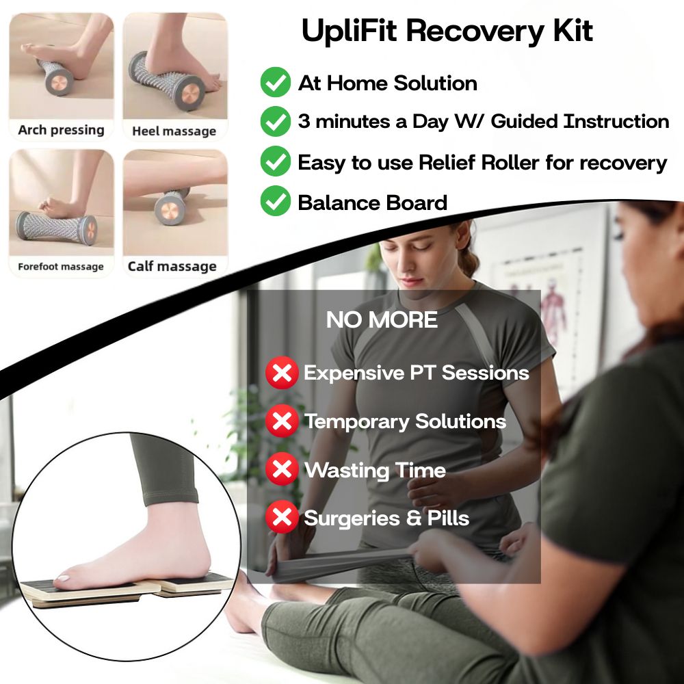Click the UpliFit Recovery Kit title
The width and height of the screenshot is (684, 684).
[447, 31]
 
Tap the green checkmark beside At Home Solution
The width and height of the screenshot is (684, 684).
[275, 82]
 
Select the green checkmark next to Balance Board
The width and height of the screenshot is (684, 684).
[275, 200]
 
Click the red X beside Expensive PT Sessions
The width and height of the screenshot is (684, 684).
[282, 373]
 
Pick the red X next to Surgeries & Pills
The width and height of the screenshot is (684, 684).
[282, 517]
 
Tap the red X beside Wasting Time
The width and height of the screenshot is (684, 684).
[282, 469]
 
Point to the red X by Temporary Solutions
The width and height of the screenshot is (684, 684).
[282, 421]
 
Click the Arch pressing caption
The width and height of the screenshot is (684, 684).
[61, 130]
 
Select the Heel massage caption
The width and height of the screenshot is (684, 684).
[174, 131]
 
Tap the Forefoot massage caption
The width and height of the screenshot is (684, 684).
[61, 266]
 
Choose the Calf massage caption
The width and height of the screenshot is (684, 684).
[172, 266]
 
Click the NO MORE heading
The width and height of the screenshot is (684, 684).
[382, 319]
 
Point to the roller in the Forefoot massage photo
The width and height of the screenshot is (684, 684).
[57, 228]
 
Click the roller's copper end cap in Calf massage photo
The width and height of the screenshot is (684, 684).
[169, 210]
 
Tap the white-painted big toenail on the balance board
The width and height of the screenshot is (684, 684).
[63, 579]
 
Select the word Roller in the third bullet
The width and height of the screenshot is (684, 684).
[510, 162]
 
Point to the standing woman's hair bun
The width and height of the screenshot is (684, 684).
[468, 261]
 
